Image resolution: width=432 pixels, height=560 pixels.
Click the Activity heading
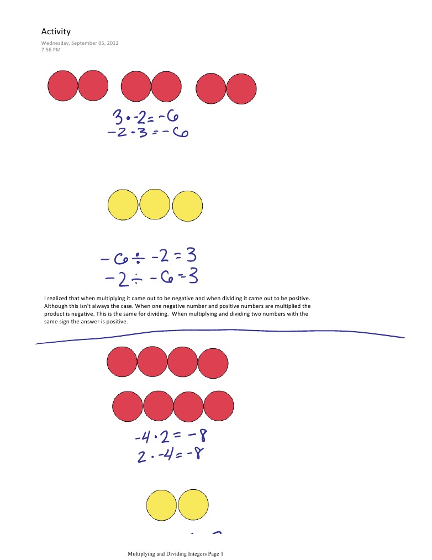[56, 32]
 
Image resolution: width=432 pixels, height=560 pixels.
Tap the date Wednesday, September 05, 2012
[80, 43]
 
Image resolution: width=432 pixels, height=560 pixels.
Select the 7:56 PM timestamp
[51, 50]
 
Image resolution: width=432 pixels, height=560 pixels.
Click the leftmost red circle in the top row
[63, 86]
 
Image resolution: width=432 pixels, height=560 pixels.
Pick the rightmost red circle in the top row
[241, 88]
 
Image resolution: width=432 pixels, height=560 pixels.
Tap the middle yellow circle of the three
[155, 204]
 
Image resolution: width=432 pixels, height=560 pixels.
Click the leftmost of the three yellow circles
[123, 205]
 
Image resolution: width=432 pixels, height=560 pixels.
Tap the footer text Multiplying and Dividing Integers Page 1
[176, 553]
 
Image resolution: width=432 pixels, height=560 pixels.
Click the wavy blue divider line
[221, 333]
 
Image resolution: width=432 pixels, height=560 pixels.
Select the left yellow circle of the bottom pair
[161, 505]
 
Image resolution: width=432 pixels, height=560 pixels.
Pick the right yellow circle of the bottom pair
[193, 504]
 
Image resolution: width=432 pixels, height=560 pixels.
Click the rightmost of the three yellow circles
[188, 206]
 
